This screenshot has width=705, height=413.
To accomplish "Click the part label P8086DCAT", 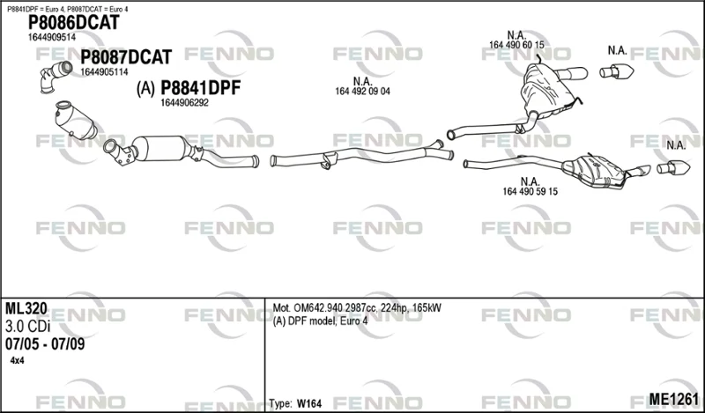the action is (74, 23).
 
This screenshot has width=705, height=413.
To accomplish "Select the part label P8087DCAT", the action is (126, 57).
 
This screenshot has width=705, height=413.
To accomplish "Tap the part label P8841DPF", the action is (201, 88).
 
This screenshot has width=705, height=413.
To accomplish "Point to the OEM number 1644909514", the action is (52, 37).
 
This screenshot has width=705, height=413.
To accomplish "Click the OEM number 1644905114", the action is (104, 72).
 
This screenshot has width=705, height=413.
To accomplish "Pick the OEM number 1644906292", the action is (184, 103).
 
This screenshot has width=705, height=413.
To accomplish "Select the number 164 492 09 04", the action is (362, 92).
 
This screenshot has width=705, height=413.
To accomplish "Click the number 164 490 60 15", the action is (516, 45).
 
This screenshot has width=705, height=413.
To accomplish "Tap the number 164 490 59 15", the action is (531, 191).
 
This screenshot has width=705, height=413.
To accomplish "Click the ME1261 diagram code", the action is (673, 399).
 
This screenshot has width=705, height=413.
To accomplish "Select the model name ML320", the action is (26, 309).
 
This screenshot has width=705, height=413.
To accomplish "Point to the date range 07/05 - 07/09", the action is (45, 344).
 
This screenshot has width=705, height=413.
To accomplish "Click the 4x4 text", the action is (17, 361).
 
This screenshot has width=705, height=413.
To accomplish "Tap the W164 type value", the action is (309, 403).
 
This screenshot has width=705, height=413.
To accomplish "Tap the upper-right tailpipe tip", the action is (616, 71).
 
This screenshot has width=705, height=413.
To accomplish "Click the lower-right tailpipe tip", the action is (673, 167).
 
